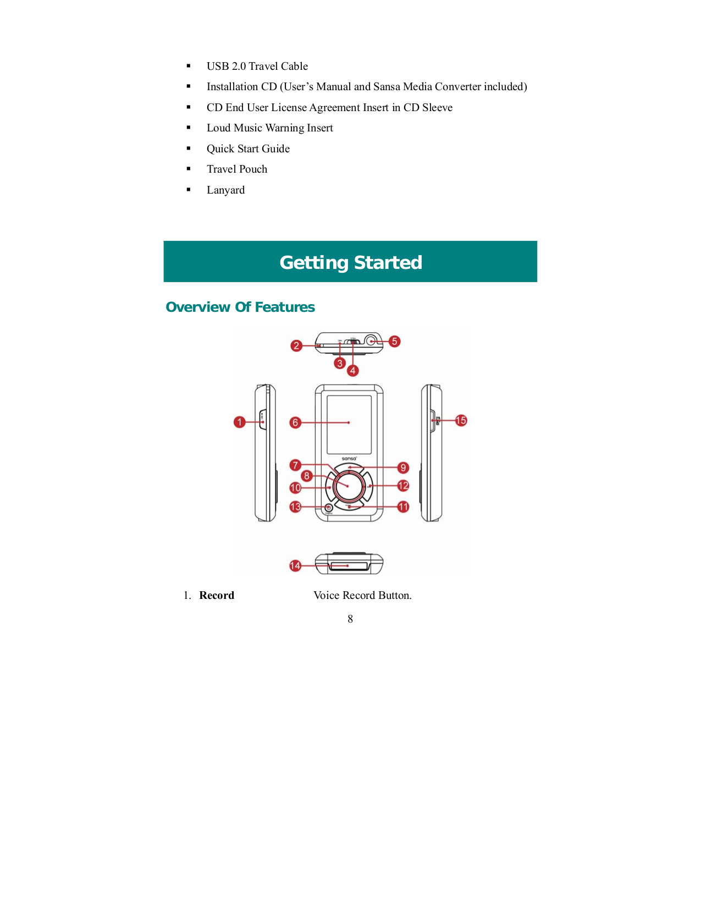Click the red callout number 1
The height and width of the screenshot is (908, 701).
(239, 422)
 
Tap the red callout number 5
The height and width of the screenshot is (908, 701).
(394, 342)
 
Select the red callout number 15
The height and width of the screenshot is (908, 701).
(461, 421)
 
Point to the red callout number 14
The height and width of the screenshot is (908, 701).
(295, 566)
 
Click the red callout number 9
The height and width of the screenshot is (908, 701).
(403, 467)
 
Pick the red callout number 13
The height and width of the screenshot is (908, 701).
(295, 507)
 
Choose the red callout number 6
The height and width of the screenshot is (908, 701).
(295, 422)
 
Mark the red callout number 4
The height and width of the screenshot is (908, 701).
(353, 371)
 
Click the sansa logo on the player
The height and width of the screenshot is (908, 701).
(349, 458)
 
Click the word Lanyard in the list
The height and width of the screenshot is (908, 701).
(225, 190)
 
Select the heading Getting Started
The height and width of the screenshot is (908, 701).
(350, 262)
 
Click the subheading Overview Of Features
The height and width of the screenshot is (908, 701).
(240, 307)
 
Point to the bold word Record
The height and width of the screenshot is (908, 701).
(217, 596)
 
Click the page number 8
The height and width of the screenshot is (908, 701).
(350, 619)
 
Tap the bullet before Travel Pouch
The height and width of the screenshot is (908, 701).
(189, 169)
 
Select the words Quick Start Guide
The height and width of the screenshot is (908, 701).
(248, 149)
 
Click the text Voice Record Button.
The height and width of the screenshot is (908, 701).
(362, 596)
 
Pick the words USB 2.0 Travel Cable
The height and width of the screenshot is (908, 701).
(257, 67)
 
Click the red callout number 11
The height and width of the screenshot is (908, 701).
(403, 507)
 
